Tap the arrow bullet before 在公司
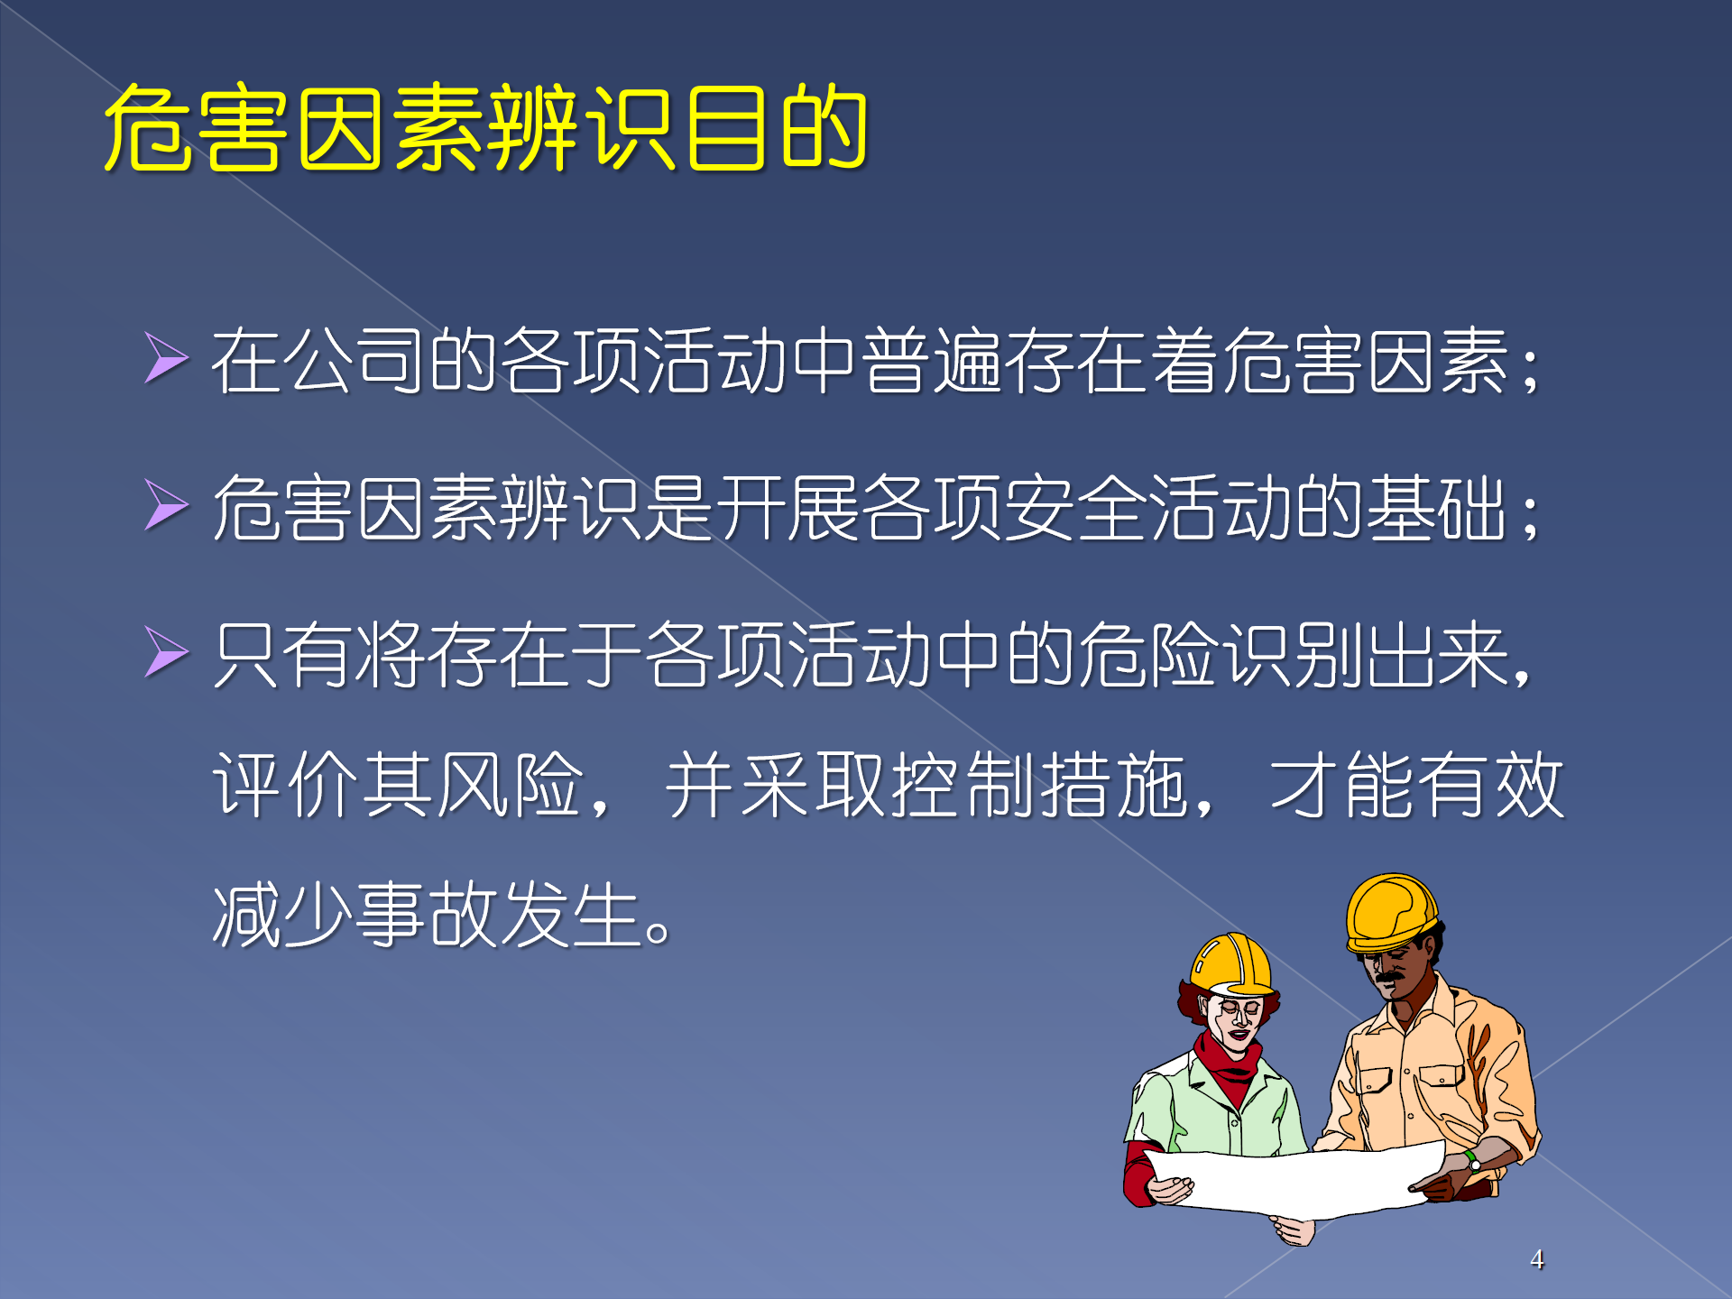(x=167, y=357)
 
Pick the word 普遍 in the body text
(x=932, y=361)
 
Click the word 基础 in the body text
(x=1436, y=508)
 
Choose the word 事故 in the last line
(x=427, y=914)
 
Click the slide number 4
(x=1537, y=1259)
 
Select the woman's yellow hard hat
(x=1232, y=965)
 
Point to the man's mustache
(x=1389, y=977)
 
